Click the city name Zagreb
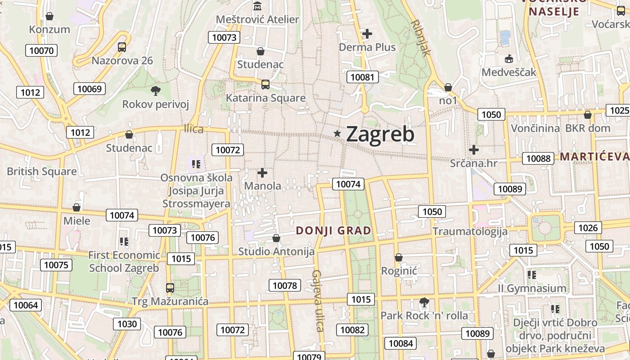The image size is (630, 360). (380, 134)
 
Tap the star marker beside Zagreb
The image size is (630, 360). (337, 133)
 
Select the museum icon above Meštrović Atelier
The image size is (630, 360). (257, 6)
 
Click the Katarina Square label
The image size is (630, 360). (265, 98)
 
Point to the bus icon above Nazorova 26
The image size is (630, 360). (121, 47)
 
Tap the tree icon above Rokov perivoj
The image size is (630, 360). (156, 91)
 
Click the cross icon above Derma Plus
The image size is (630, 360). (367, 33)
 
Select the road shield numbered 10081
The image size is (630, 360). (362, 77)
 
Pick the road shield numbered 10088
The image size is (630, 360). (538, 158)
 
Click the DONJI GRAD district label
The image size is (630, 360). (333, 231)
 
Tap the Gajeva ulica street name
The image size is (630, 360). (318, 301)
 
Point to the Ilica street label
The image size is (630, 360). (193, 129)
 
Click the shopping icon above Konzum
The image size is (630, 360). (49, 16)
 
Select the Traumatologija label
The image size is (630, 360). (470, 232)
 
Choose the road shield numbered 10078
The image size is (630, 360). (284, 285)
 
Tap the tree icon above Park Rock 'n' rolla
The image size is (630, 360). (424, 302)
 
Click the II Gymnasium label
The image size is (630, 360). (532, 288)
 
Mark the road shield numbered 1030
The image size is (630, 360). (127, 324)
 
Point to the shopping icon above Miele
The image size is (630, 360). (76, 207)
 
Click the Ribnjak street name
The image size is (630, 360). (421, 38)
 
